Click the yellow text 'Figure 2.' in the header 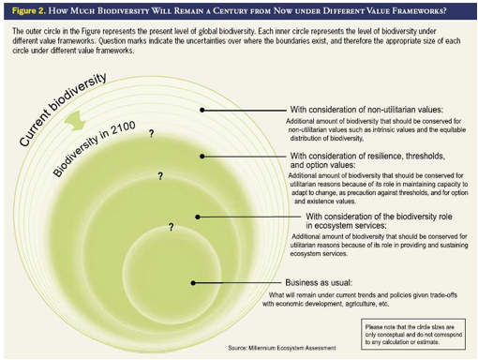click(29, 11)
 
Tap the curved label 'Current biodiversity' click(63, 110)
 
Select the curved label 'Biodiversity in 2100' click(94, 148)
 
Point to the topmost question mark click(152, 134)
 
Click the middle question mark click(160, 176)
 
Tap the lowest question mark click(171, 227)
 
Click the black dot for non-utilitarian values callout click(202, 110)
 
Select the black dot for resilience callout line click(202, 157)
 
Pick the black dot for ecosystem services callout click(198, 217)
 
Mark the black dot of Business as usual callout click(193, 283)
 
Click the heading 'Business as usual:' click(319, 283)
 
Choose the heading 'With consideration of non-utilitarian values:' click(366, 110)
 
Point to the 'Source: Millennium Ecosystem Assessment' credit click(282, 348)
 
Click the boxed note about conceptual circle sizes click(413, 335)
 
